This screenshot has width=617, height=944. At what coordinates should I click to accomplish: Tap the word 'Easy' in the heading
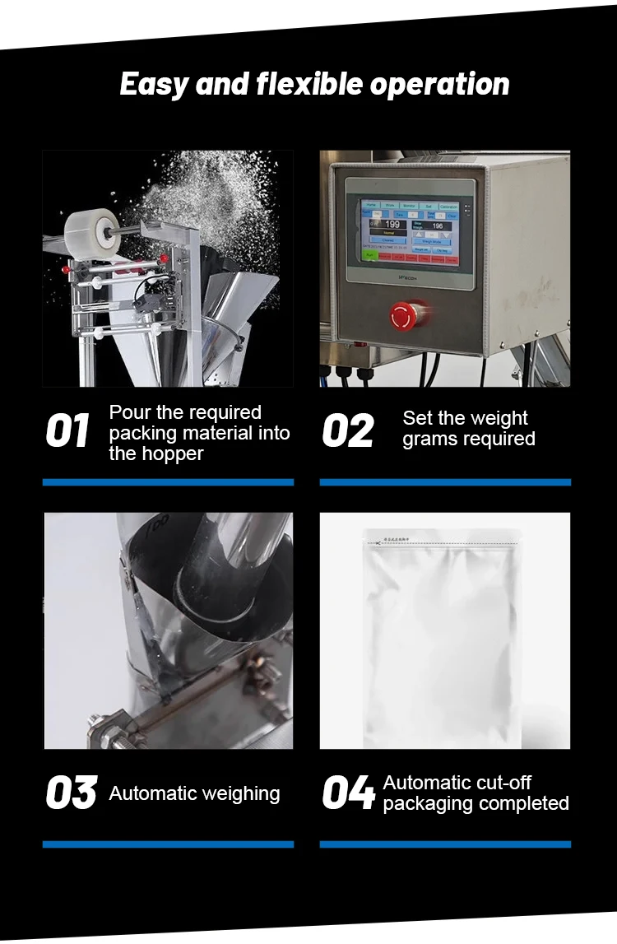(x=154, y=84)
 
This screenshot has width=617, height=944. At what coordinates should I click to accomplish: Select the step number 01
(x=67, y=432)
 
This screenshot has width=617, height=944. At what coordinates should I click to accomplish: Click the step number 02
(x=348, y=432)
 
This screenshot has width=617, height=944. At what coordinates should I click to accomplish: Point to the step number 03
(x=71, y=793)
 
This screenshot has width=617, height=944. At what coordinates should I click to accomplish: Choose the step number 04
(x=348, y=793)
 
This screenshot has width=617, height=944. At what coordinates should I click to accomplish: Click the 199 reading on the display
(x=393, y=224)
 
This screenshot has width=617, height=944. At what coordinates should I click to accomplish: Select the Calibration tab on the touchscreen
(x=448, y=207)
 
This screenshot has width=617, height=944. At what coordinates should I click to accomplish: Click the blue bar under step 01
(x=168, y=482)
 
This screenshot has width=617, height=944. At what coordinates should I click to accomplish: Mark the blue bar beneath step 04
(x=445, y=844)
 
